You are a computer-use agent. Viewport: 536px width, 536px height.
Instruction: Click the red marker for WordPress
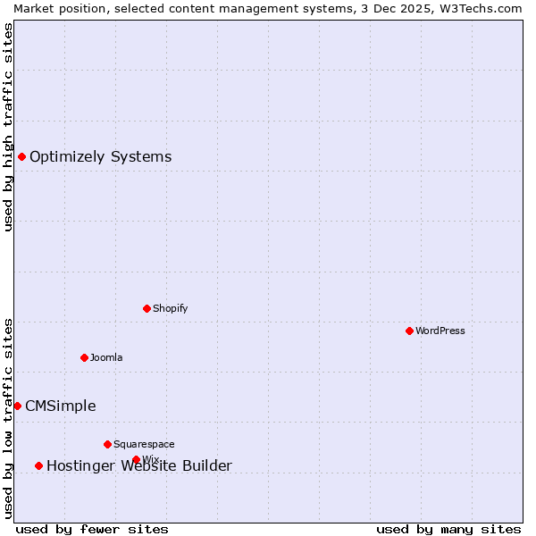tap(409, 331)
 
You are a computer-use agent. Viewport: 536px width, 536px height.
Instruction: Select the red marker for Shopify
tap(147, 308)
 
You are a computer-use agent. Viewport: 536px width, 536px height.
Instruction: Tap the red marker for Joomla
tap(84, 357)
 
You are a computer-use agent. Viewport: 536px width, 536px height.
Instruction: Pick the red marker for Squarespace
tap(107, 444)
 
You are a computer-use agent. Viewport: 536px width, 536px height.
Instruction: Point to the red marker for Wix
tap(136, 459)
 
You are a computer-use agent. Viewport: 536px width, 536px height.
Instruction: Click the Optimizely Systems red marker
tap(21, 157)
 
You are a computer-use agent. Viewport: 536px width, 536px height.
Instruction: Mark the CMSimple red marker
tap(17, 406)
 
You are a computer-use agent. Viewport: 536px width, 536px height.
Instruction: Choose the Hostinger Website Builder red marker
tap(38, 465)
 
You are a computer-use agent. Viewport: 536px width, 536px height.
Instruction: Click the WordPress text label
tap(440, 331)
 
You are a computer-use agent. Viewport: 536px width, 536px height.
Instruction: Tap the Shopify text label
tap(170, 308)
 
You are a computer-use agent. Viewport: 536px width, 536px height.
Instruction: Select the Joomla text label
tap(106, 357)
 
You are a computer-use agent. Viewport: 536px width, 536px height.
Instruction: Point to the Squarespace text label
tap(144, 444)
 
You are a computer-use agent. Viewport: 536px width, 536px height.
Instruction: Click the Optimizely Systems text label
tap(100, 157)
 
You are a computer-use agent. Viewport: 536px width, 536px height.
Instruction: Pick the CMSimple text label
tap(60, 406)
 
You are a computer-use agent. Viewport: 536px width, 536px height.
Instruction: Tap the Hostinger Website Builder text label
tap(138, 465)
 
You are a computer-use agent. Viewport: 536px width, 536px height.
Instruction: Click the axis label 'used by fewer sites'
tap(92, 529)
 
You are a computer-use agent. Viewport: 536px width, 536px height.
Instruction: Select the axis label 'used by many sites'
tap(448, 529)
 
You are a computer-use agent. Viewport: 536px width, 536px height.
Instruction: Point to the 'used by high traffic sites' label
tap(8, 127)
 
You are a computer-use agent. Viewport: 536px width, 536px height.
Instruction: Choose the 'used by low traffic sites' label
tap(8, 418)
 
